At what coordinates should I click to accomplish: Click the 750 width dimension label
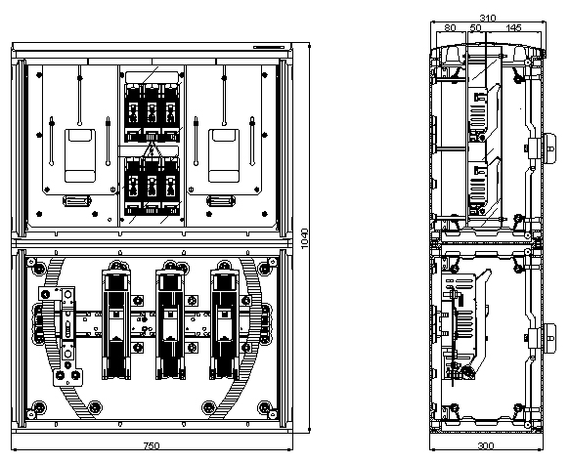click(x=152, y=445)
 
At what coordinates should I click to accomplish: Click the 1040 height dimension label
click(x=305, y=238)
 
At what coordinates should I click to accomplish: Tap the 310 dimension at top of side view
click(x=488, y=18)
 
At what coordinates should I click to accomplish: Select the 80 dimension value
click(x=450, y=27)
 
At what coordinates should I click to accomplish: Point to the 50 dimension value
click(x=475, y=27)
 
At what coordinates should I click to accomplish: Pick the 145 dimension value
click(x=513, y=27)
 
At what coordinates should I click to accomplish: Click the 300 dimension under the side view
click(x=486, y=445)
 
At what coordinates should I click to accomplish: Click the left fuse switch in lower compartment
click(x=116, y=320)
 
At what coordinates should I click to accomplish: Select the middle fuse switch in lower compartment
click(x=170, y=320)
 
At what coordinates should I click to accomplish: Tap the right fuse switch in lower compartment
click(x=224, y=320)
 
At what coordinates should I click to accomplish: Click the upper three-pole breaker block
click(x=152, y=113)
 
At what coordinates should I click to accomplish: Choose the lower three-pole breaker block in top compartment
click(x=152, y=186)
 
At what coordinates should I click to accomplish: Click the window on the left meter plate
click(x=80, y=155)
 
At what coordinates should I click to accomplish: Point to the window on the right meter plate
click(x=224, y=155)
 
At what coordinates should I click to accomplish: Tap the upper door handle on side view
click(x=549, y=148)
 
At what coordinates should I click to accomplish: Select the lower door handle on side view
click(x=549, y=338)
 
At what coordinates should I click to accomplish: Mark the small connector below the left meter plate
click(x=76, y=201)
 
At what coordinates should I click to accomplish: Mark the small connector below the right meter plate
click(x=221, y=201)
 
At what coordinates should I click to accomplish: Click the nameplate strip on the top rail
click(x=269, y=47)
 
